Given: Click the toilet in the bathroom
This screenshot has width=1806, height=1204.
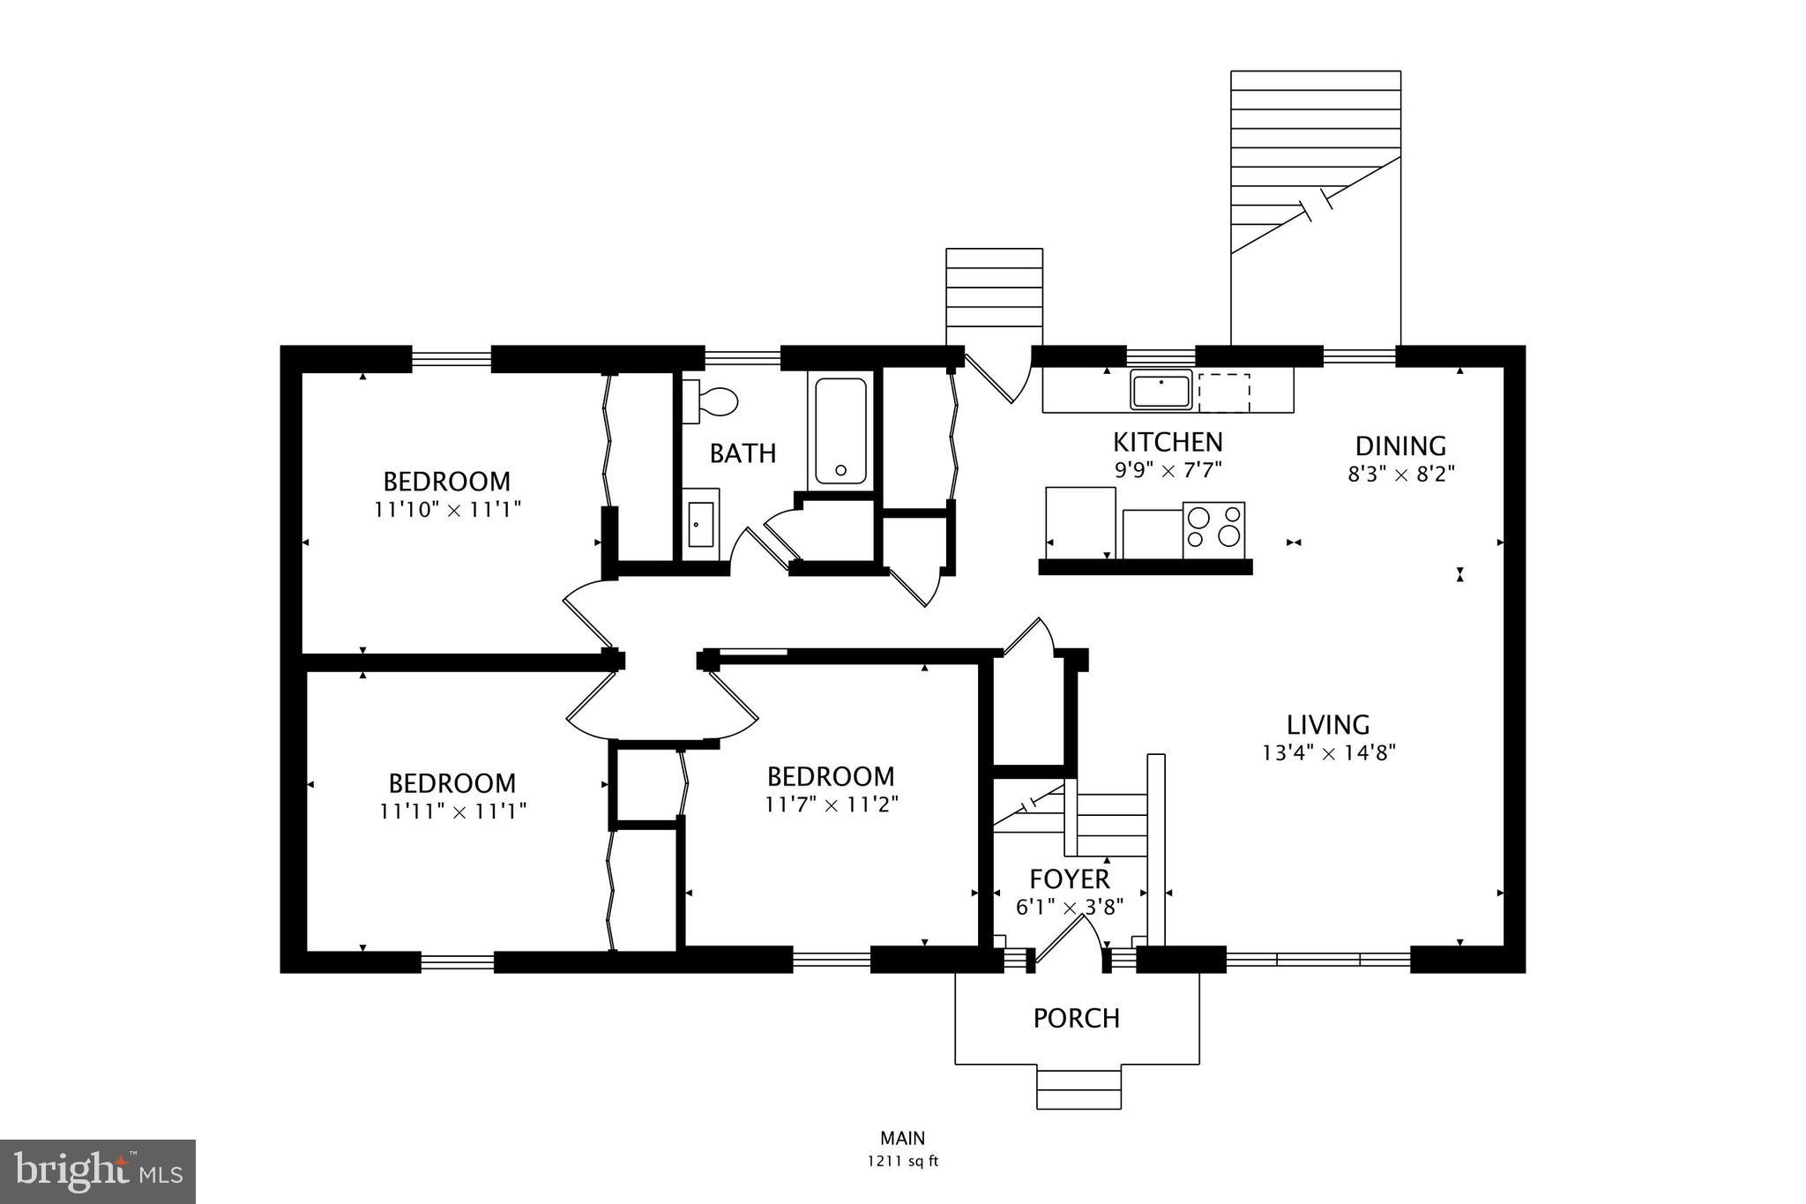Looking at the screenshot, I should [712, 402].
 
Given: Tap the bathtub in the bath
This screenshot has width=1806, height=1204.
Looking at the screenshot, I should [840, 430].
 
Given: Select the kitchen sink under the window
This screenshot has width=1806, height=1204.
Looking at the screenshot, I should [1161, 390].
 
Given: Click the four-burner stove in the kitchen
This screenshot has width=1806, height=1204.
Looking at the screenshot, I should [1213, 529].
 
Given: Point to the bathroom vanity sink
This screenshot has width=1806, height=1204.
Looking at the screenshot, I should [701, 524].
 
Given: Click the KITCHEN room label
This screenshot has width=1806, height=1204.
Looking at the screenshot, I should [1168, 442].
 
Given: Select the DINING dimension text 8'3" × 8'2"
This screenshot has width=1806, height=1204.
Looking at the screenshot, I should [1400, 474].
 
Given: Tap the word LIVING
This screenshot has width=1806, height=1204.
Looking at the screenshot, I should [1328, 725].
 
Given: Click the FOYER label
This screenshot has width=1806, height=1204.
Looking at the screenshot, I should [1070, 879].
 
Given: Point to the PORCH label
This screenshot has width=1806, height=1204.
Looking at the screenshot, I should [1077, 1018].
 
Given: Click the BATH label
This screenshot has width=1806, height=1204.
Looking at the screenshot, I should [743, 453].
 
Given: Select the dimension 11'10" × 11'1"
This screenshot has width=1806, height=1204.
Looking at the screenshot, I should [447, 510].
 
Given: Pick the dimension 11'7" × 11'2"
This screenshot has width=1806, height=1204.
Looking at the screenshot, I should [832, 804].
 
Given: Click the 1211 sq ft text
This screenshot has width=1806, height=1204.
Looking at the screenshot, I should [902, 1162].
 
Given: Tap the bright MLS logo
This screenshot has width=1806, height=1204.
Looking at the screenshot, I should [98, 1171].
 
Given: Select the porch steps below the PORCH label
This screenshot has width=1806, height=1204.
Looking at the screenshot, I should [1078, 1088].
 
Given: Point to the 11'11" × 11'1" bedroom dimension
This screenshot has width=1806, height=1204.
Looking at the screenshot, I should [452, 811].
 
